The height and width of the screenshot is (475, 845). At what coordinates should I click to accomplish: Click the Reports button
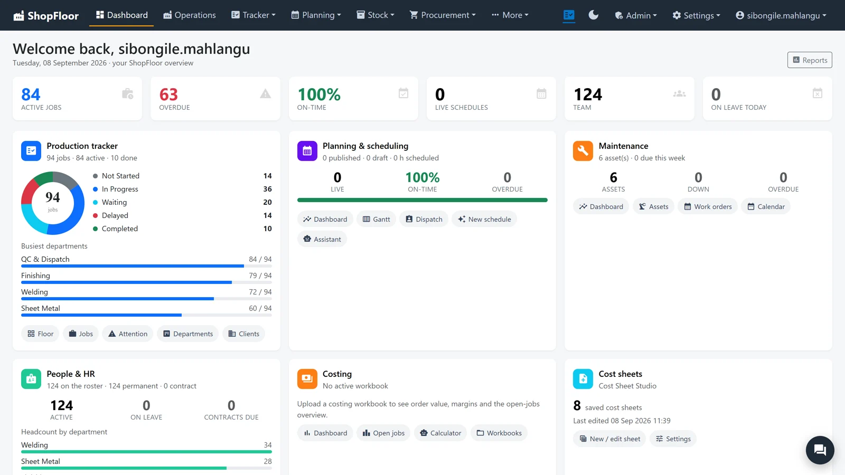pos(810,60)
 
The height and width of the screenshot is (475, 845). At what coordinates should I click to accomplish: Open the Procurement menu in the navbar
pos(443,15)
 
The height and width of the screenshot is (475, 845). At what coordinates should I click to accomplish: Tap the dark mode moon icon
pos(594,15)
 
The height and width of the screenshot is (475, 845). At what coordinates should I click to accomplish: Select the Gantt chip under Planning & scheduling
pos(376,219)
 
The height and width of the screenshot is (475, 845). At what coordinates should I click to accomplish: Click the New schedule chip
pos(484,219)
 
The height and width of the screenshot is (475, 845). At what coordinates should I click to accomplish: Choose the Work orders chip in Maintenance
pos(708,206)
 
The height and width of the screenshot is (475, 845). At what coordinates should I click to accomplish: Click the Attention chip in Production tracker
pos(128,334)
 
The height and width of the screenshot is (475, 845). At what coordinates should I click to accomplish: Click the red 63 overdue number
pos(168,94)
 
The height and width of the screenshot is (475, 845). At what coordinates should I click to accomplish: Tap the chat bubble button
pos(820,450)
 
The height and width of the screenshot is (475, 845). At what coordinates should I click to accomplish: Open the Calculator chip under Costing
pos(440,433)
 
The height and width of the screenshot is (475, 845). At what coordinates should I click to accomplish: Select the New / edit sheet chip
pos(609,439)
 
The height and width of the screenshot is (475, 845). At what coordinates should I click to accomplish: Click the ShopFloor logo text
pos(53,15)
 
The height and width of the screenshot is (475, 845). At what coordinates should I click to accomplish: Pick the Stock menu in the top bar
pos(375,15)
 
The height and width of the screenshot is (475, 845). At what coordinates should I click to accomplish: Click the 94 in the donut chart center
pos(52,197)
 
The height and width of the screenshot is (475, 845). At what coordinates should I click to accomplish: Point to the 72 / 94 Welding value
pos(260,292)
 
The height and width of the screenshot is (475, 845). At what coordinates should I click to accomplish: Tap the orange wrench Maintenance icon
pos(583,151)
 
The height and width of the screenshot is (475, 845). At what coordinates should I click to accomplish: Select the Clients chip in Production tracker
pos(243,334)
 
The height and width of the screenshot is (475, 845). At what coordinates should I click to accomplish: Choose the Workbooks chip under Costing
pos(499,433)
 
